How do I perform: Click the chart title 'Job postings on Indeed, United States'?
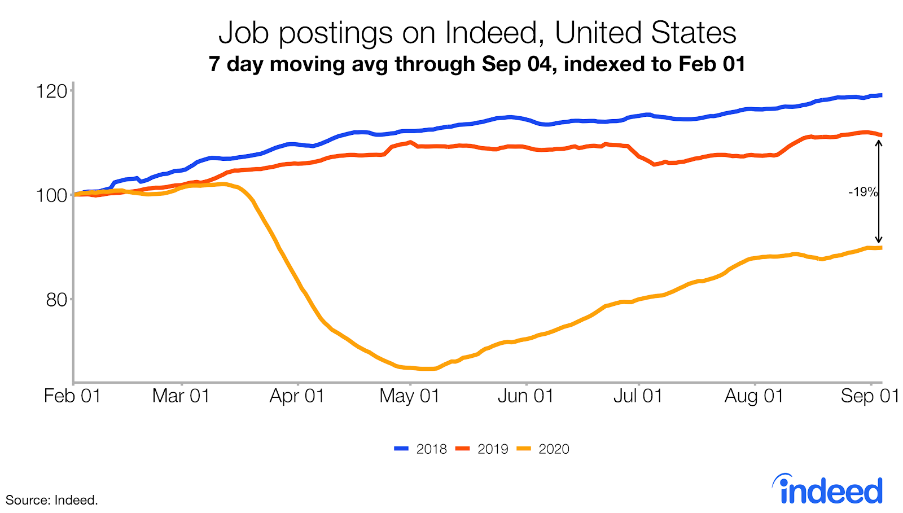(x=477, y=33)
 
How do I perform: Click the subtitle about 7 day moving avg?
(x=477, y=64)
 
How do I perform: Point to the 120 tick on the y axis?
(x=51, y=91)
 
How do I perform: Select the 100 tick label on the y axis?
(x=51, y=195)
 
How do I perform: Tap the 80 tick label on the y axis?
(x=56, y=300)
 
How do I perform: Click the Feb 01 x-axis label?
(x=72, y=396)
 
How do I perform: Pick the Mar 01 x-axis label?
(x=181, y=396)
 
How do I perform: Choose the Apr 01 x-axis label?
(x=297, y=396)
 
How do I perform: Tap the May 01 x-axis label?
(x=410, y=396)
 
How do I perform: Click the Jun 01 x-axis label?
(x=525, y=396)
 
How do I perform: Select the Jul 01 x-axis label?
(x=638, y=396)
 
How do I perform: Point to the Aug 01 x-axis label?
(x=754, y=396)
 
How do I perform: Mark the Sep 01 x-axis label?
(x=870, y=396)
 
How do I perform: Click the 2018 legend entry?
(x=421, y=449)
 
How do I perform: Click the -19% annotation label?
(x=863, y=192)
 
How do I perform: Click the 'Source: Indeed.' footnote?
(x=52, y=500)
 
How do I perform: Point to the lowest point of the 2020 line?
(x=427, y=369)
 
